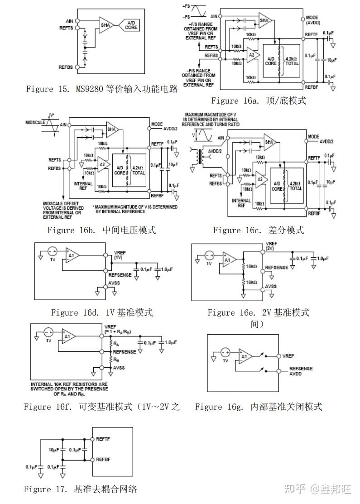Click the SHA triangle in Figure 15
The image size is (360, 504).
point(106,25)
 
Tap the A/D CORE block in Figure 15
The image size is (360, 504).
point(131,25)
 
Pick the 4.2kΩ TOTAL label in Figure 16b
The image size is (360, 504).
point(139,170)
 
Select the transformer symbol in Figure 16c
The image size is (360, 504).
point(200,156)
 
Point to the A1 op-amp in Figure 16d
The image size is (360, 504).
point(72,255)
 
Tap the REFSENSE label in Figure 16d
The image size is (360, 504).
point(120,274)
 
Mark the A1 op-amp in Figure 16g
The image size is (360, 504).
point(245,356)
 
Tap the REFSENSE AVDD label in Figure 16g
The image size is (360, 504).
point(301,371)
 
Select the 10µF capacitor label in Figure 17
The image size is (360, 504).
point(54,450)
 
